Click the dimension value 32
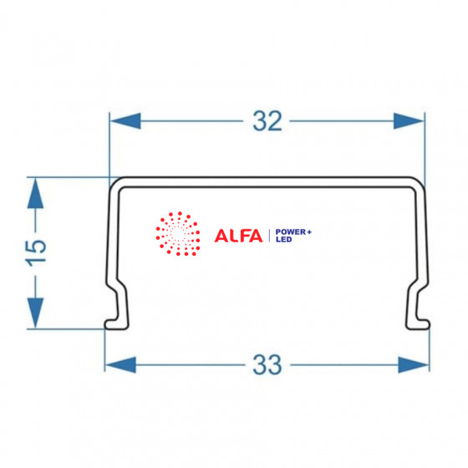tap(267, 121)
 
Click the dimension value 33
tap(267, 364)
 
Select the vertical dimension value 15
tap(36, 253)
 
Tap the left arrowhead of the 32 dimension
tap(125, 121)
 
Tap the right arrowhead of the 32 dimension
tap(409, 121)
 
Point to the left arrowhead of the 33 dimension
tap(120, 364)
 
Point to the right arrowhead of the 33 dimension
tap(414, 364)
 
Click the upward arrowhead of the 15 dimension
tap(35, 193)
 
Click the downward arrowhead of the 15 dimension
tap(35, 313)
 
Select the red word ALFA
tap(238, 236)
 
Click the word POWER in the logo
tap(291, 232)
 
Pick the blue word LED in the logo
tap(283, 239)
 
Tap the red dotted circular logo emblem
tap(178, 234)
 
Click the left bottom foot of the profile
tap(117, 324)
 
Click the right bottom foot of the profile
tap(418, 324)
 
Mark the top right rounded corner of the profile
tap(419, 183)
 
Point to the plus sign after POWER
tap(309, 232)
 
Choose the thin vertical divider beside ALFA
tap(269, 236)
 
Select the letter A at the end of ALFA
tap(256, 236)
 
